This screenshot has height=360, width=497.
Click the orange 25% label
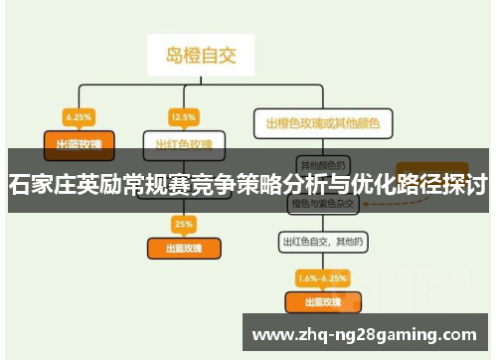pos(184,222)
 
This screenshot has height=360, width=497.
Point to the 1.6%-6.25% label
pos(323,276)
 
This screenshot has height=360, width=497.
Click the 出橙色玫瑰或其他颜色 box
pos(323,124)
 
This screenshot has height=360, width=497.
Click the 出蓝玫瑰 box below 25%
pos(184,247)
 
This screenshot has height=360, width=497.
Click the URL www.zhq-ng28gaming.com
pos(366,332)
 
